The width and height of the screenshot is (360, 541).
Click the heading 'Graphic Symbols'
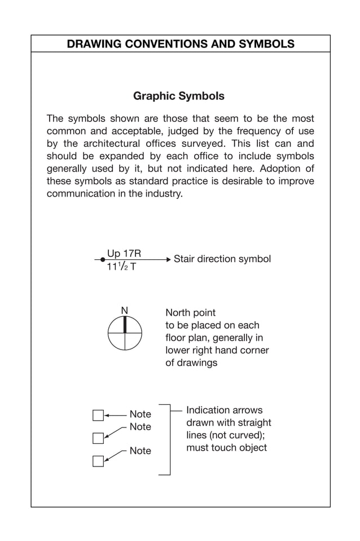coord(178,96)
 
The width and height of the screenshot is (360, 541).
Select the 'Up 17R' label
coord(124,254)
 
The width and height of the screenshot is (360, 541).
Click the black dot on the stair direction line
coord(103,260)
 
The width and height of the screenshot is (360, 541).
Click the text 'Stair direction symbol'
coord(222,259)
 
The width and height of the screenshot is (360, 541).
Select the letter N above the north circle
coord(125,311)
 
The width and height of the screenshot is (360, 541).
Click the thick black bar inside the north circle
coord(125,325)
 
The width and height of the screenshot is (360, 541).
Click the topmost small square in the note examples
coord(98,416)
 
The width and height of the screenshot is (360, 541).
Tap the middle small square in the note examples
coord(98,438)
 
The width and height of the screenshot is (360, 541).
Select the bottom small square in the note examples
coord(98,461)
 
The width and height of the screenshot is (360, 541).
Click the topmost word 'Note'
coord(141,415)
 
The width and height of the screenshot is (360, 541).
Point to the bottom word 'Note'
coord(141,451)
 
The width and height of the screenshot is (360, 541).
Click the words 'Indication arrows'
coord(224,411)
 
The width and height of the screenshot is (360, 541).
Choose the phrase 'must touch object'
coord(226,448)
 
